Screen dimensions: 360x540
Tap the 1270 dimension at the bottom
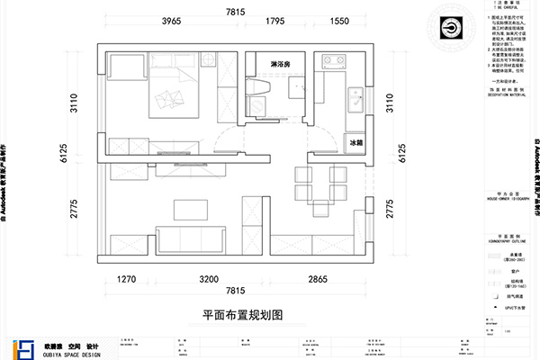click(127, 280)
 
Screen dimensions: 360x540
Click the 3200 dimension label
click(209, 280)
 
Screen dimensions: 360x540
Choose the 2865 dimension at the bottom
click(319, 280)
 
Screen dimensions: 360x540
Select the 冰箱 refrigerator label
click(355, 142)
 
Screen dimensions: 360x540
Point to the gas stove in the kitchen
click(339, 63)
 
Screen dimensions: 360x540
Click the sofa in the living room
click(189, 238)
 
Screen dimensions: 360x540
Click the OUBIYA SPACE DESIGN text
click(68, 354)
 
